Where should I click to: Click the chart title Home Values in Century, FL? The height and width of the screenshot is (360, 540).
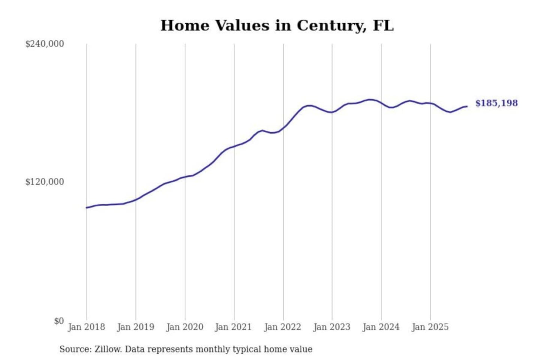277,25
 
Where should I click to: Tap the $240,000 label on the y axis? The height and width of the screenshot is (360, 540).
44,44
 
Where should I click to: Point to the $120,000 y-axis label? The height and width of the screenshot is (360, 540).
44,182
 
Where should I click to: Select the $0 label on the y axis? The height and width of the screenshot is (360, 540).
58,321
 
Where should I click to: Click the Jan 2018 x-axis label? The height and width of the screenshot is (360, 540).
86,327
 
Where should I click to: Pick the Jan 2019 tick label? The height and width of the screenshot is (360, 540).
135,327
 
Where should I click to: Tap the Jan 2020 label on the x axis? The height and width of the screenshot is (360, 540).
184,327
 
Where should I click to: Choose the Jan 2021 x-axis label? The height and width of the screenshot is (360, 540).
233,327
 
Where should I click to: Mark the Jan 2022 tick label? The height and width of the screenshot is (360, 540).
282,327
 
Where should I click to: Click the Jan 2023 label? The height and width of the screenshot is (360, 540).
331,327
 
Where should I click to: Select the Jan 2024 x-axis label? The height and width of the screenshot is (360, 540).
381,327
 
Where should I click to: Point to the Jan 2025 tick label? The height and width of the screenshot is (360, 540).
430,327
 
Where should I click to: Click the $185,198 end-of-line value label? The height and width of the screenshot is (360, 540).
496,103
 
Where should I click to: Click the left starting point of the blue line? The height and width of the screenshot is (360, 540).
87,207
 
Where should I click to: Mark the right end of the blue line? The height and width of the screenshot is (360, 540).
467,106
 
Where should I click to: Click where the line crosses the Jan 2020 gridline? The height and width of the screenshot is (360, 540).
185,177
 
